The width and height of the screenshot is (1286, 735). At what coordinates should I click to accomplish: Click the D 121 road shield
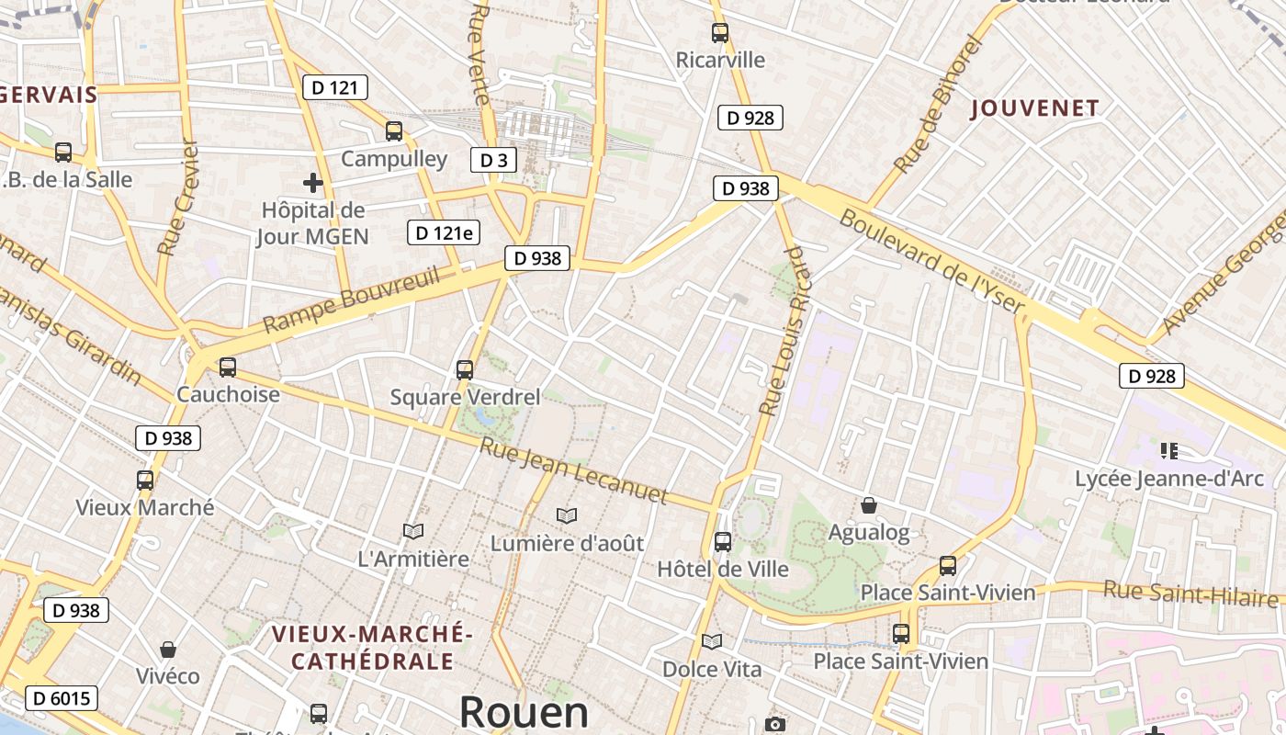pos(335,87)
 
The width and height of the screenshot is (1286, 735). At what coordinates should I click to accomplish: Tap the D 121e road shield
pos(444,232)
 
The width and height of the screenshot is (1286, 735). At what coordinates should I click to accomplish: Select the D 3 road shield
pos(493,160)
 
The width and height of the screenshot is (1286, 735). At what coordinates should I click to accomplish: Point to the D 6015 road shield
pos(62,698)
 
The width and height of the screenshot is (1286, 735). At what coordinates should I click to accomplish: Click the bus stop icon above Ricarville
pos(720,33)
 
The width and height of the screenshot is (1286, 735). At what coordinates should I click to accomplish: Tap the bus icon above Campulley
pos(394,131)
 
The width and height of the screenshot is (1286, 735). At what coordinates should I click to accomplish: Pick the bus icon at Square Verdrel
pos(465,370)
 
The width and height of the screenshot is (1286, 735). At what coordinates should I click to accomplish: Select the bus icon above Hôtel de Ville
pos(723,542)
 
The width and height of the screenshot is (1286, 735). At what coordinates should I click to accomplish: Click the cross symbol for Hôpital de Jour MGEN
pos(313,183)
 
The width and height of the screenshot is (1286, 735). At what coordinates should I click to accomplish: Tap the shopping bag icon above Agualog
pos(868,505)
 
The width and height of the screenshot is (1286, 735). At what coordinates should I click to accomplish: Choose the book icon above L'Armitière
pos(413,531)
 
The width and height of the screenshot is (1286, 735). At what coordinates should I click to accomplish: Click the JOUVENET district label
pos(1035,108)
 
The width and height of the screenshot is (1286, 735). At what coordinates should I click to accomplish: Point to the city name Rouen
pos(524,712)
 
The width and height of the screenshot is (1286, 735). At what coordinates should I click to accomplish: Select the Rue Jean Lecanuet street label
pos(574,471)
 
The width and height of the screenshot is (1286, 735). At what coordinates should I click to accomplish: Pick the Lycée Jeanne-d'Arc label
pos(1168,479)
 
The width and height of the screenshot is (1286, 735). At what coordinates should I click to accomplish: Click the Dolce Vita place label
pos(712,669)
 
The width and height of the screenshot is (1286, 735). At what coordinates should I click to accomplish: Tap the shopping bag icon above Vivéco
pos(168,650)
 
